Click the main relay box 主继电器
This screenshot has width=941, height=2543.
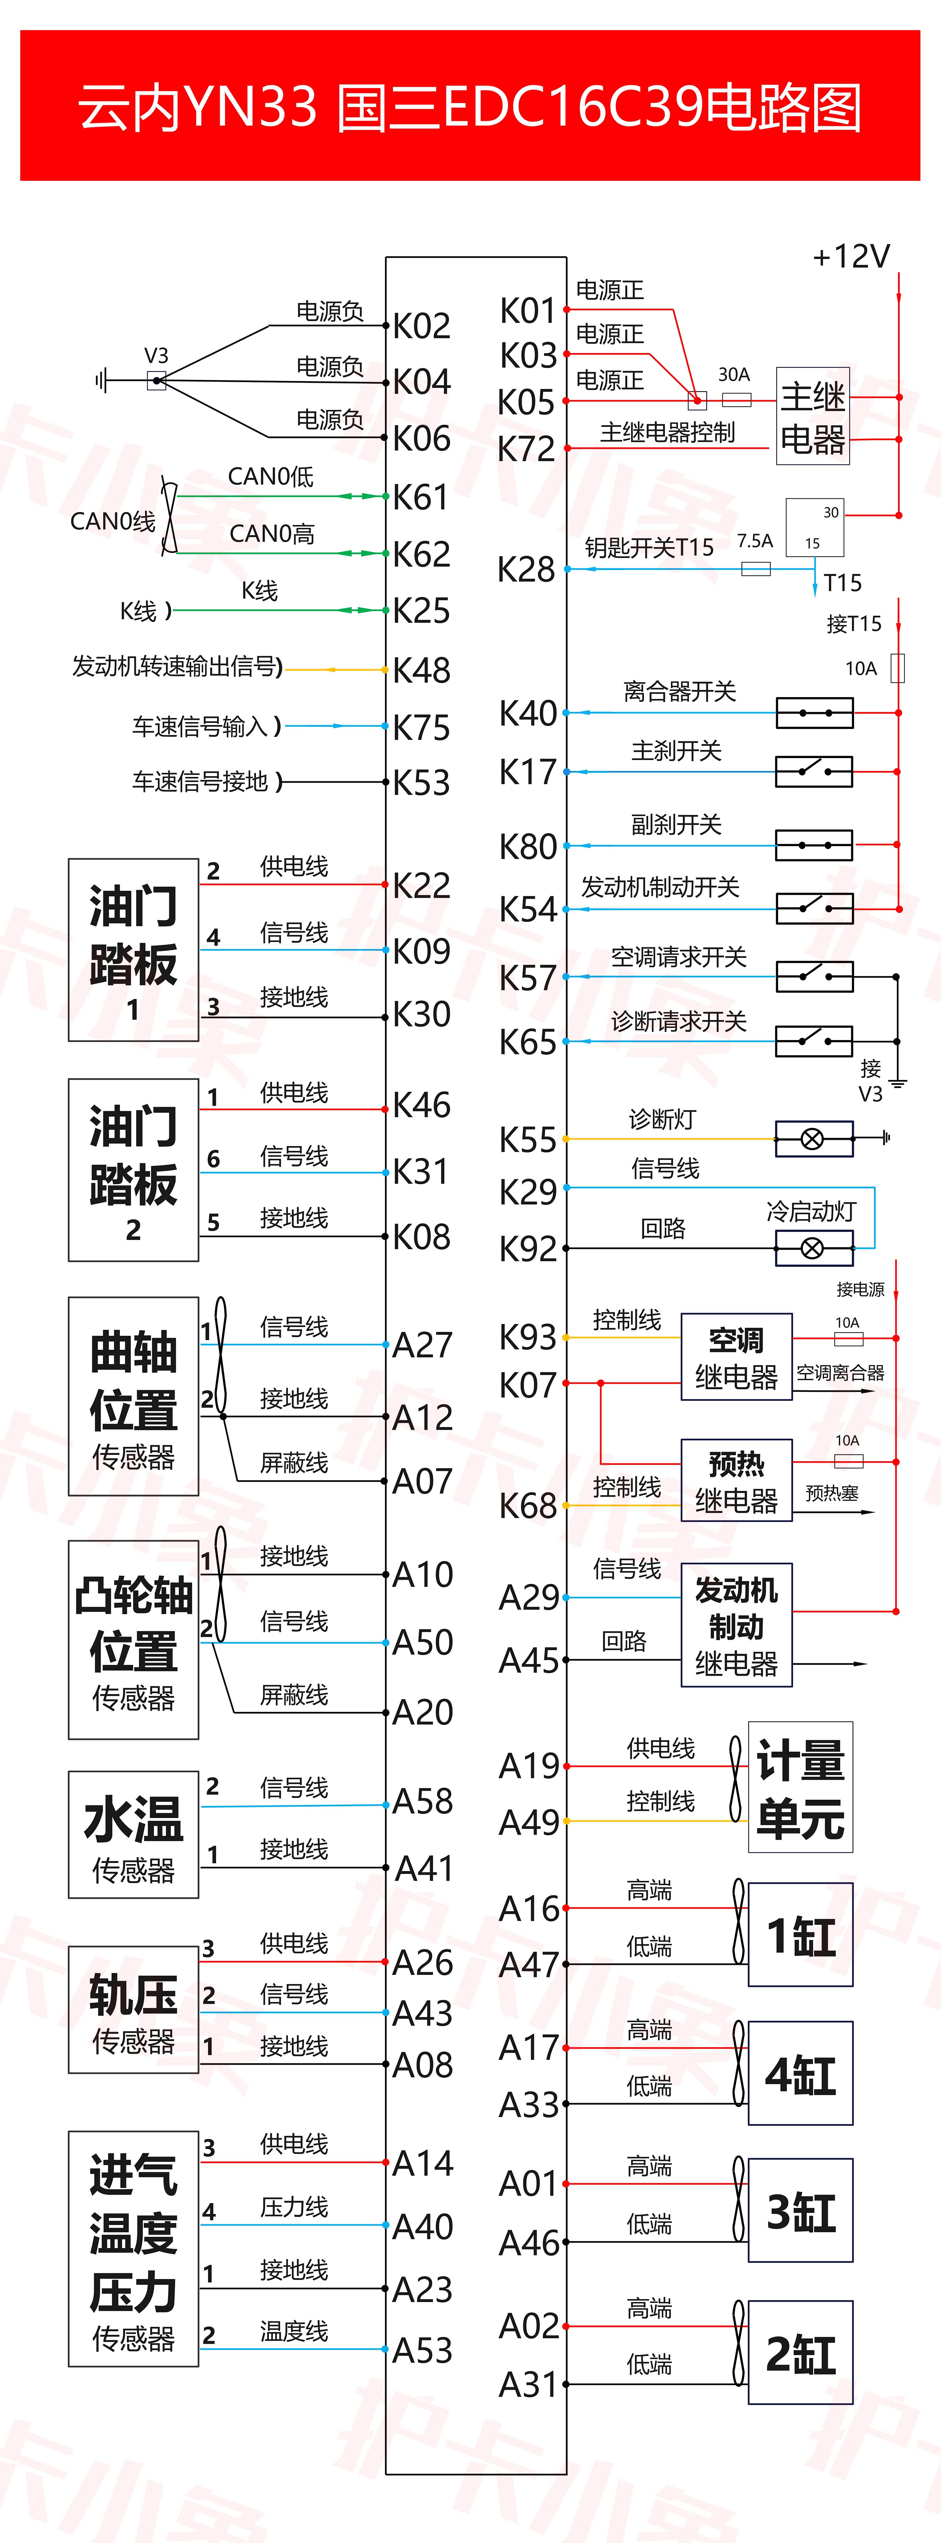(x=812, y=417)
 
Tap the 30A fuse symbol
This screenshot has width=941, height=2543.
(x=737, y=400)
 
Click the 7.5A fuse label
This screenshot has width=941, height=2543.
(x=754, y=541)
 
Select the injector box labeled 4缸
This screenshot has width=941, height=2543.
(x=800, y=2073)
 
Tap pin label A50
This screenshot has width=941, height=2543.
(x=423, y=1643)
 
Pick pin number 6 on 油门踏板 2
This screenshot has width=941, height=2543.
(x=213, y=1159)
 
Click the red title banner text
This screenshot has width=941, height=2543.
(x=470, y=106)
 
